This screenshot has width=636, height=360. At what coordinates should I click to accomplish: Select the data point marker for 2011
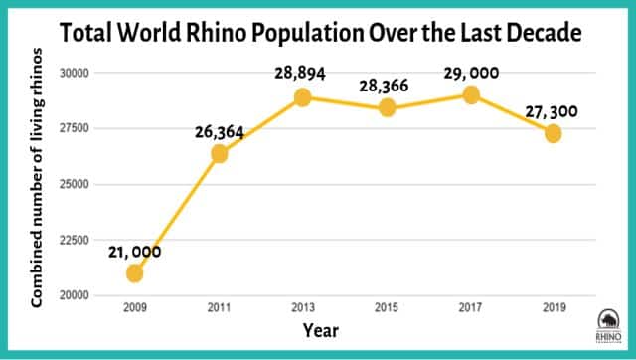pyautogui.click(x=220, y=153)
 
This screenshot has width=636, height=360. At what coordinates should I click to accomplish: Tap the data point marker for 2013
pyautogui.click(x=303, y=97)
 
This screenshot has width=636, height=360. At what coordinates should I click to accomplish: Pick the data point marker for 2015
pyautogui.click(x=387, y=108)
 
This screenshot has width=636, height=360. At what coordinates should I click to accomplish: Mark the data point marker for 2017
pyautogui.click(x=471, y=94)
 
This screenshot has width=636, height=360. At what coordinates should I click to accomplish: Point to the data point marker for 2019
pyautogui.click(x=554, y=133)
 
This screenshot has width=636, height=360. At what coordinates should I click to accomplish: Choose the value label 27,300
pyautogui.click(x=554, y=111)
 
